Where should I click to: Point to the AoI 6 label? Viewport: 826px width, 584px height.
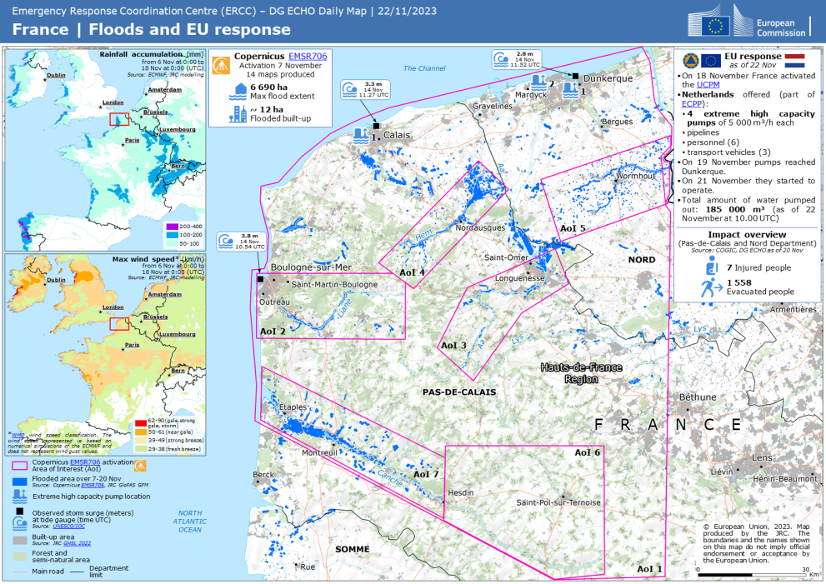587,452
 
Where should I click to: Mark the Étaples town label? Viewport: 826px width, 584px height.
293,407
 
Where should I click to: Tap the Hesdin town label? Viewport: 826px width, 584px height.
459,493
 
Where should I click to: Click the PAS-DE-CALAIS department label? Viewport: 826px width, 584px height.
459,392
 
